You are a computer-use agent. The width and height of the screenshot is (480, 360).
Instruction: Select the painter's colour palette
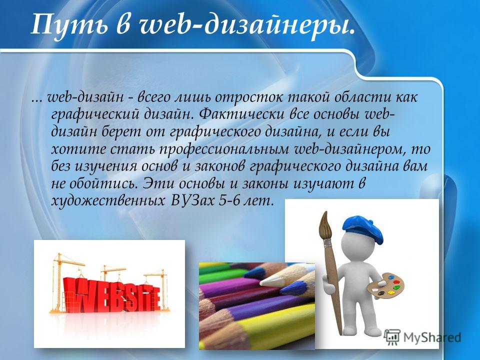pyautogui.click(x=385, y=284)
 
